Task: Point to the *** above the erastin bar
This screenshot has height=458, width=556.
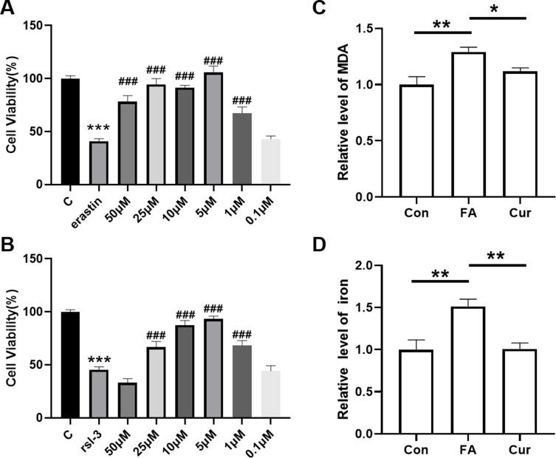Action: tap(99, 129)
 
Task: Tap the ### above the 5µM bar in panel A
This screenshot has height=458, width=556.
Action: tap(213, 61)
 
